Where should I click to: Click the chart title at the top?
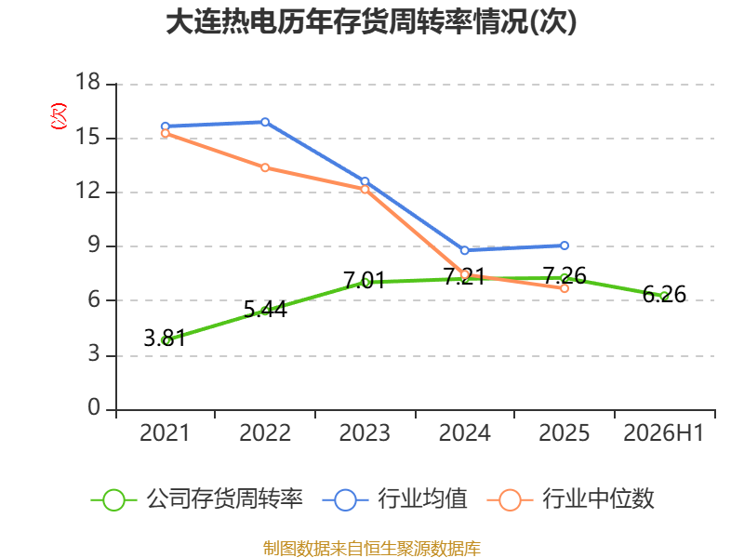coord(371,21)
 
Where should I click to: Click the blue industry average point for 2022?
coord(265,122)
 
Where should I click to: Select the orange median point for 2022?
coord(265,167)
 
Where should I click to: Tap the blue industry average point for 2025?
coord(565,246)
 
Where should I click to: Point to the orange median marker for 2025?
coord(565,288)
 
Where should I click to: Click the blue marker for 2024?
coord(464,250)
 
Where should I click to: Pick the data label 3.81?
coord(165,338)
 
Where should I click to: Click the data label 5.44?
coord(265,310)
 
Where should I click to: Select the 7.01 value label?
coord(364,280)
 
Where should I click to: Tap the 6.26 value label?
coord(664,294)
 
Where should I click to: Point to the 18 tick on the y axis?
coord(87,82)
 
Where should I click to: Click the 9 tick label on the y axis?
coord(94,245)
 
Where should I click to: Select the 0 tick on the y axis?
coord(94,407)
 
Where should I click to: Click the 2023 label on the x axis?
coord(365,432)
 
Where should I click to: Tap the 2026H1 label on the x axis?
coord(663,432)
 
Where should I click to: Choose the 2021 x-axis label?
coord(165,432)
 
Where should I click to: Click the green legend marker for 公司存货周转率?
coord(113,500)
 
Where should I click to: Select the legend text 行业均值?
coord(422,498)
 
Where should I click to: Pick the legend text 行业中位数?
coord(598,498)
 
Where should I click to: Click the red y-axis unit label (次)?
coord(59,116)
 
